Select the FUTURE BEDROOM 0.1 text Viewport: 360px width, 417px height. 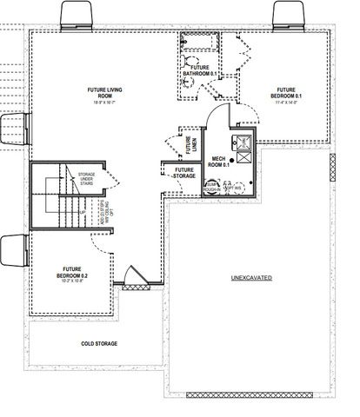(x=286, y=92)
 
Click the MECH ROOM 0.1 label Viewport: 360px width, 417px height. (x=220, y=161)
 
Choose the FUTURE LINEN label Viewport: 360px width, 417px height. (x=189, y=141)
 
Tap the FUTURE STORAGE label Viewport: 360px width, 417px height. (x=183, y=173)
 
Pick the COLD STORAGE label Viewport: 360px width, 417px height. (x=99, y=343)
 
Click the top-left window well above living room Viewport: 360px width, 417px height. (x=77, y=14)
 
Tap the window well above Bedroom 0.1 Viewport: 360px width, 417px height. (x=289, y=14)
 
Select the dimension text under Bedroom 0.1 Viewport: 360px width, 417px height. (x=286, y=102)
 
